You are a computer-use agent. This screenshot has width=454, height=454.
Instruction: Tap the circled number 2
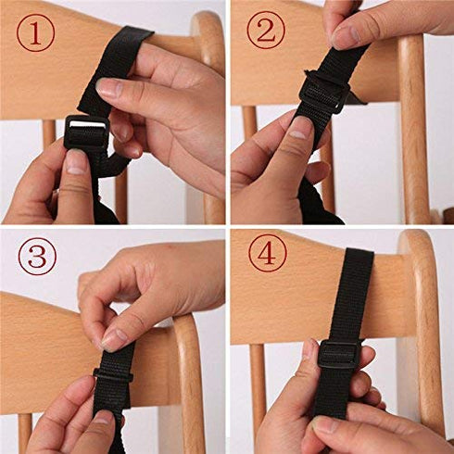pyautogui.click(x=264, y=32)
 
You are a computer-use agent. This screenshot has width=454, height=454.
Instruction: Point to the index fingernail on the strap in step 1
pyautogui.click(x=108, y=89)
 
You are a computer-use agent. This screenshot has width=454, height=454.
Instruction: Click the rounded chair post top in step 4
pyautogui.click(x=417, y=250)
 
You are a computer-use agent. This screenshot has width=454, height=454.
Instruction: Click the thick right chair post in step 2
pyautogui.click(x=414, y=130)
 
